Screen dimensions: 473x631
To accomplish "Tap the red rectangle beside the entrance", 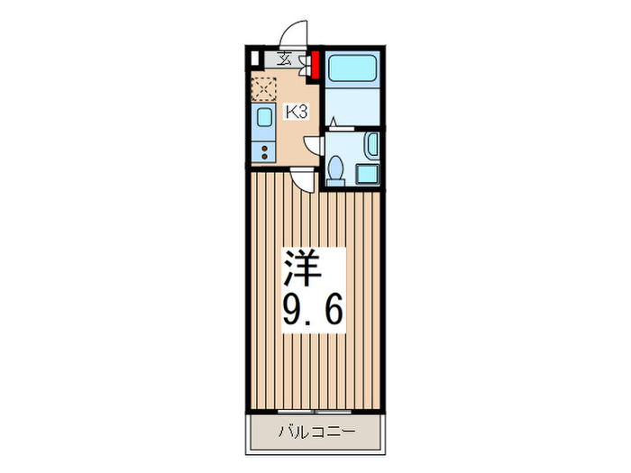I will point(316,66).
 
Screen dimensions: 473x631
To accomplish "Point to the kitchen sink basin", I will point(263,118).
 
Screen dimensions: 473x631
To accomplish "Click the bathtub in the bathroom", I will point(353,71).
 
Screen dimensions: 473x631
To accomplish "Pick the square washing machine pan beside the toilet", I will point(367,173).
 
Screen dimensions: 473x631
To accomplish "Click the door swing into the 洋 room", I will point(307,179).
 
